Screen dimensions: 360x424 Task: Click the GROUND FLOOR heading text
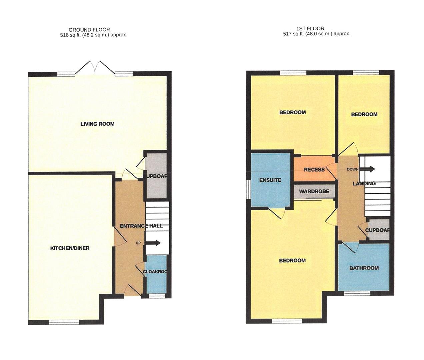[x=89, y=30]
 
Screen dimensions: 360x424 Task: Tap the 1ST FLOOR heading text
[x=310, y=29]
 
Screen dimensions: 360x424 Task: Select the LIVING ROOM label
[x=97, y=124]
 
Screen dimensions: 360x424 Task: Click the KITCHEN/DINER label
[x=70, y=248]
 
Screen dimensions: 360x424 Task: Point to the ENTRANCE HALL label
[x=141, y=226]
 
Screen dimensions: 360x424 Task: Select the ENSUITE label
[x=270, y=180]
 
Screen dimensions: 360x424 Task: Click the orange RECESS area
[x=314, y=169]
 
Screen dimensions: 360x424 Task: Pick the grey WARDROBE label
[x=314, y=191]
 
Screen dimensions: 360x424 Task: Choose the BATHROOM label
[x=364, y=268]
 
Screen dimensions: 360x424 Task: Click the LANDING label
[x=364, y=183]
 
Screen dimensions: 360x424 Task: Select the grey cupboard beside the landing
[x=379, y=230]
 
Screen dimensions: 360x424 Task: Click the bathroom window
[x=357, y=293]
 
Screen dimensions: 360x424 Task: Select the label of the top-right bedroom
[x=364, y=114]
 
